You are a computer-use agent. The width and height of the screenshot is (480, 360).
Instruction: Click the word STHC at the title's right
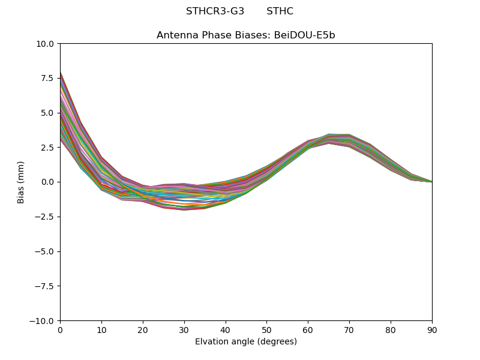[x=280, y=11]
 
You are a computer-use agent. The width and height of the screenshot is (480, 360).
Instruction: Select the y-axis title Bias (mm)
[x=21, y=182]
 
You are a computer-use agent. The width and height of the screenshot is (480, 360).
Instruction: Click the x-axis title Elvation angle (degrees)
[x=246, y=342]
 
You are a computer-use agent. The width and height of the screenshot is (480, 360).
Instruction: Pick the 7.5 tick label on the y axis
[x=47, y=78]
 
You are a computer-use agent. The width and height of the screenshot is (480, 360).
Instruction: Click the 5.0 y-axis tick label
[x=47, y=113]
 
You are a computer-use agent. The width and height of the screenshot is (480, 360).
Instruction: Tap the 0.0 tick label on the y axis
[x=47, y=182]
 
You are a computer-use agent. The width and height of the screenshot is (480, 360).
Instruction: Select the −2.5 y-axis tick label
[x=45, y=217]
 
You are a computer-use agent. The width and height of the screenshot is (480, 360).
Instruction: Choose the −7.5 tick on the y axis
[x=45, y=286]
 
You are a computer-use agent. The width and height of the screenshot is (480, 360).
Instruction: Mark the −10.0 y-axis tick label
[x=43, y=321]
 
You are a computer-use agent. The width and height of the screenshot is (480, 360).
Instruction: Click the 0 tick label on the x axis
[x=60, y=330]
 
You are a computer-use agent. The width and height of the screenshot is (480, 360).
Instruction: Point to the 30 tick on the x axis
[x=184, y=330]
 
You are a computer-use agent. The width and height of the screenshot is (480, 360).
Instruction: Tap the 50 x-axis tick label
[x=266, y=330]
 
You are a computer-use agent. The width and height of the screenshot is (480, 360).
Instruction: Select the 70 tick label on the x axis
[x=349, y=330]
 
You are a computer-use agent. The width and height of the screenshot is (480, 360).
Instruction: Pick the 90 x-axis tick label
[x=432, y=330]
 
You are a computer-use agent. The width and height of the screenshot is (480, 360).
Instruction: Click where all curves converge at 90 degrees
[x=431, y=182]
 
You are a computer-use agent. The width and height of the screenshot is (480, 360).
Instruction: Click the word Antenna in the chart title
[x=176, y=35]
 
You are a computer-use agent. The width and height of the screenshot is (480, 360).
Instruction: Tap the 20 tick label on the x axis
[x=143, y=330]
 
